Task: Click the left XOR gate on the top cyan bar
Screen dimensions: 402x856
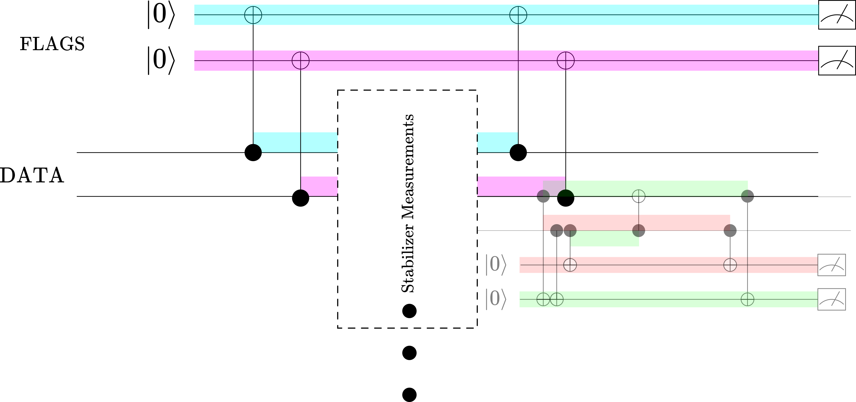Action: point(253,15)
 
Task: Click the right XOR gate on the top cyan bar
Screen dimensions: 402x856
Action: point(518,15)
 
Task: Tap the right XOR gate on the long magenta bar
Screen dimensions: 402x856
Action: point(565,61)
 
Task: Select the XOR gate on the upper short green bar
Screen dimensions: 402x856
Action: point(638,196)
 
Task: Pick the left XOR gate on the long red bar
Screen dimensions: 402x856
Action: point(570,265)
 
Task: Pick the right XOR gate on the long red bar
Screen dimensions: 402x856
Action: point(730,265)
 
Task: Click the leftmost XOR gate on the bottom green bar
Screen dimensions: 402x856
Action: point(543,299)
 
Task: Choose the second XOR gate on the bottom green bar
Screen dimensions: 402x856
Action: point(557,299)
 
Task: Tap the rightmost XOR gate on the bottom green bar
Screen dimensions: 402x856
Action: point(747,299)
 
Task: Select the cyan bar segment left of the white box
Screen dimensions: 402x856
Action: point(295,142)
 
